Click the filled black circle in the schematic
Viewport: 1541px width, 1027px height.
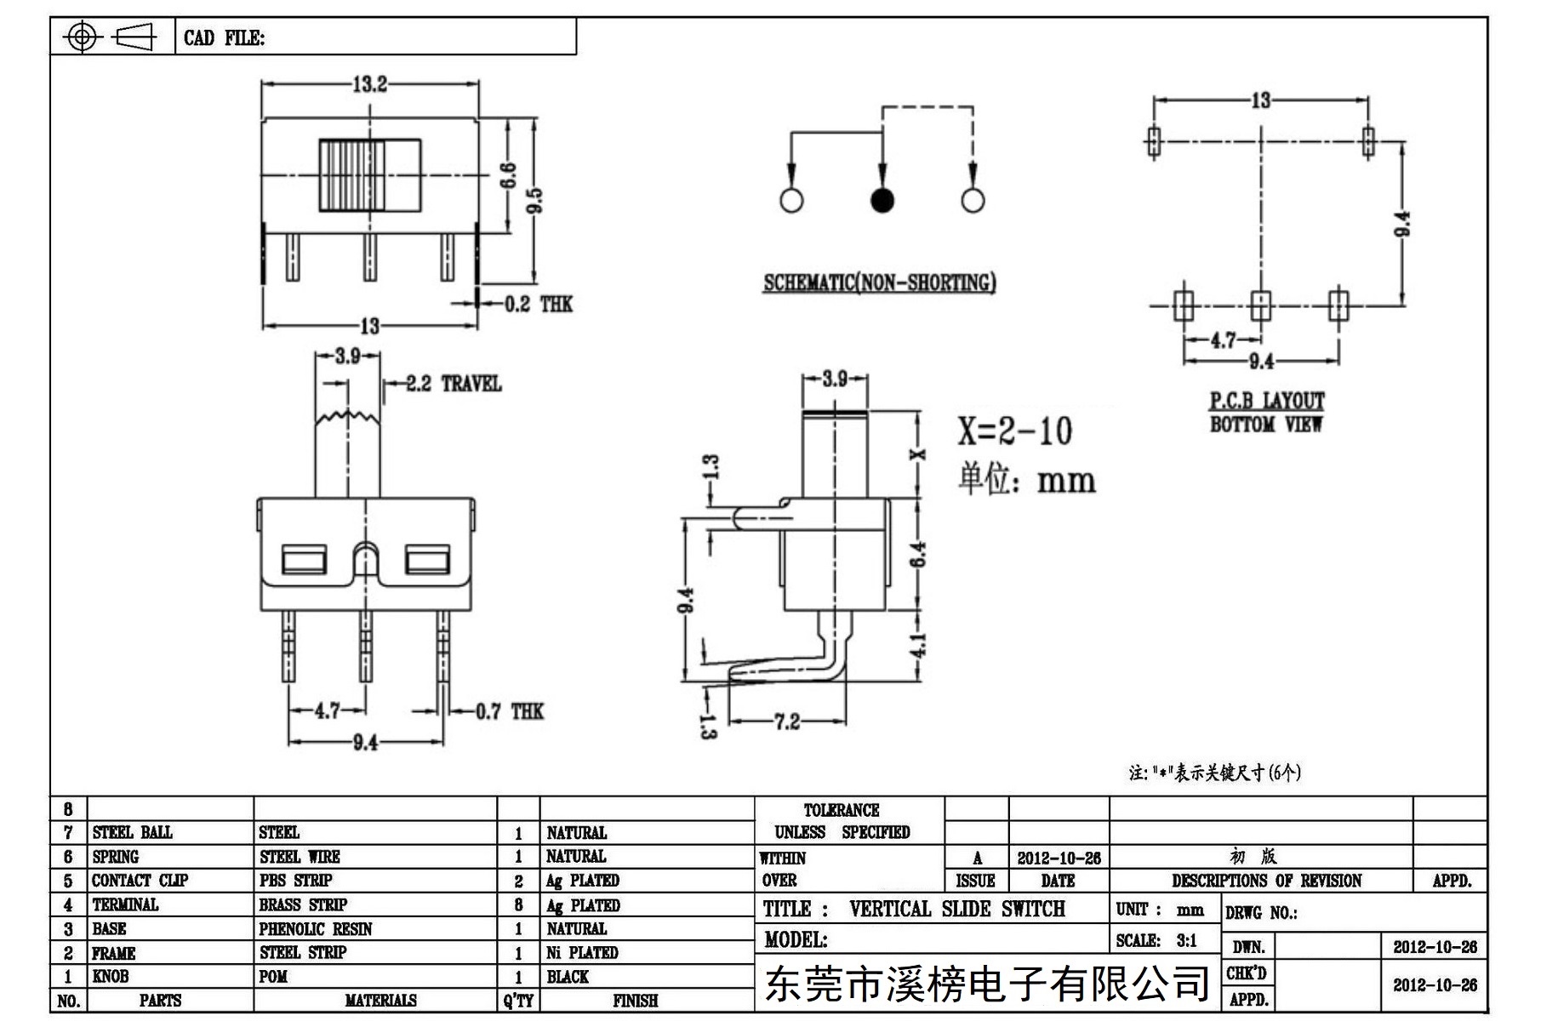(x=882, y=200)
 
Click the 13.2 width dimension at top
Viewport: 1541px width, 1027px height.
(x=370, y=83)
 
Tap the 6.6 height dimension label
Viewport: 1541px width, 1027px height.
(x=507, y=176)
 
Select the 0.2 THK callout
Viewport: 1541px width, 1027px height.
(x=538, y=304)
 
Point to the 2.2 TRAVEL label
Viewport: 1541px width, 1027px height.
(x=454, y=384)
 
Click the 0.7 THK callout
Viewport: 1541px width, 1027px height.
(x=509, y=711)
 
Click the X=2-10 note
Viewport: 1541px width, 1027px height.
(x=1014, y=431)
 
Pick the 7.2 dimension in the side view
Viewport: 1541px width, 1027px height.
(x=787, y=722)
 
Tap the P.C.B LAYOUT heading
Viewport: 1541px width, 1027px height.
(x=1267, y=400)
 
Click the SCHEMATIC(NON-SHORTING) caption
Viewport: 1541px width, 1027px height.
(x=879, y=282)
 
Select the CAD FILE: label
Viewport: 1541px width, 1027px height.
(x=225, y=37)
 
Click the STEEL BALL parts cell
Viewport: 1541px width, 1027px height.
(x=132, y=832)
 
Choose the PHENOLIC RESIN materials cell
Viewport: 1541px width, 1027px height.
(x=316, y=928)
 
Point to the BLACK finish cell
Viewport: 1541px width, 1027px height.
(x=568, y=976)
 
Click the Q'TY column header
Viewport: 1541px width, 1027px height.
(x=518, y=1001)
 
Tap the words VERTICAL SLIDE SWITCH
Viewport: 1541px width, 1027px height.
(x=957, y=909)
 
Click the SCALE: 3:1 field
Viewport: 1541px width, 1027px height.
(x=1156, y=940)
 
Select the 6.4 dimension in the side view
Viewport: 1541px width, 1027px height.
(x=918, y=554)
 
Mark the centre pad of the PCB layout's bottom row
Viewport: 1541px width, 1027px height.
(x=1260, y=304)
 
